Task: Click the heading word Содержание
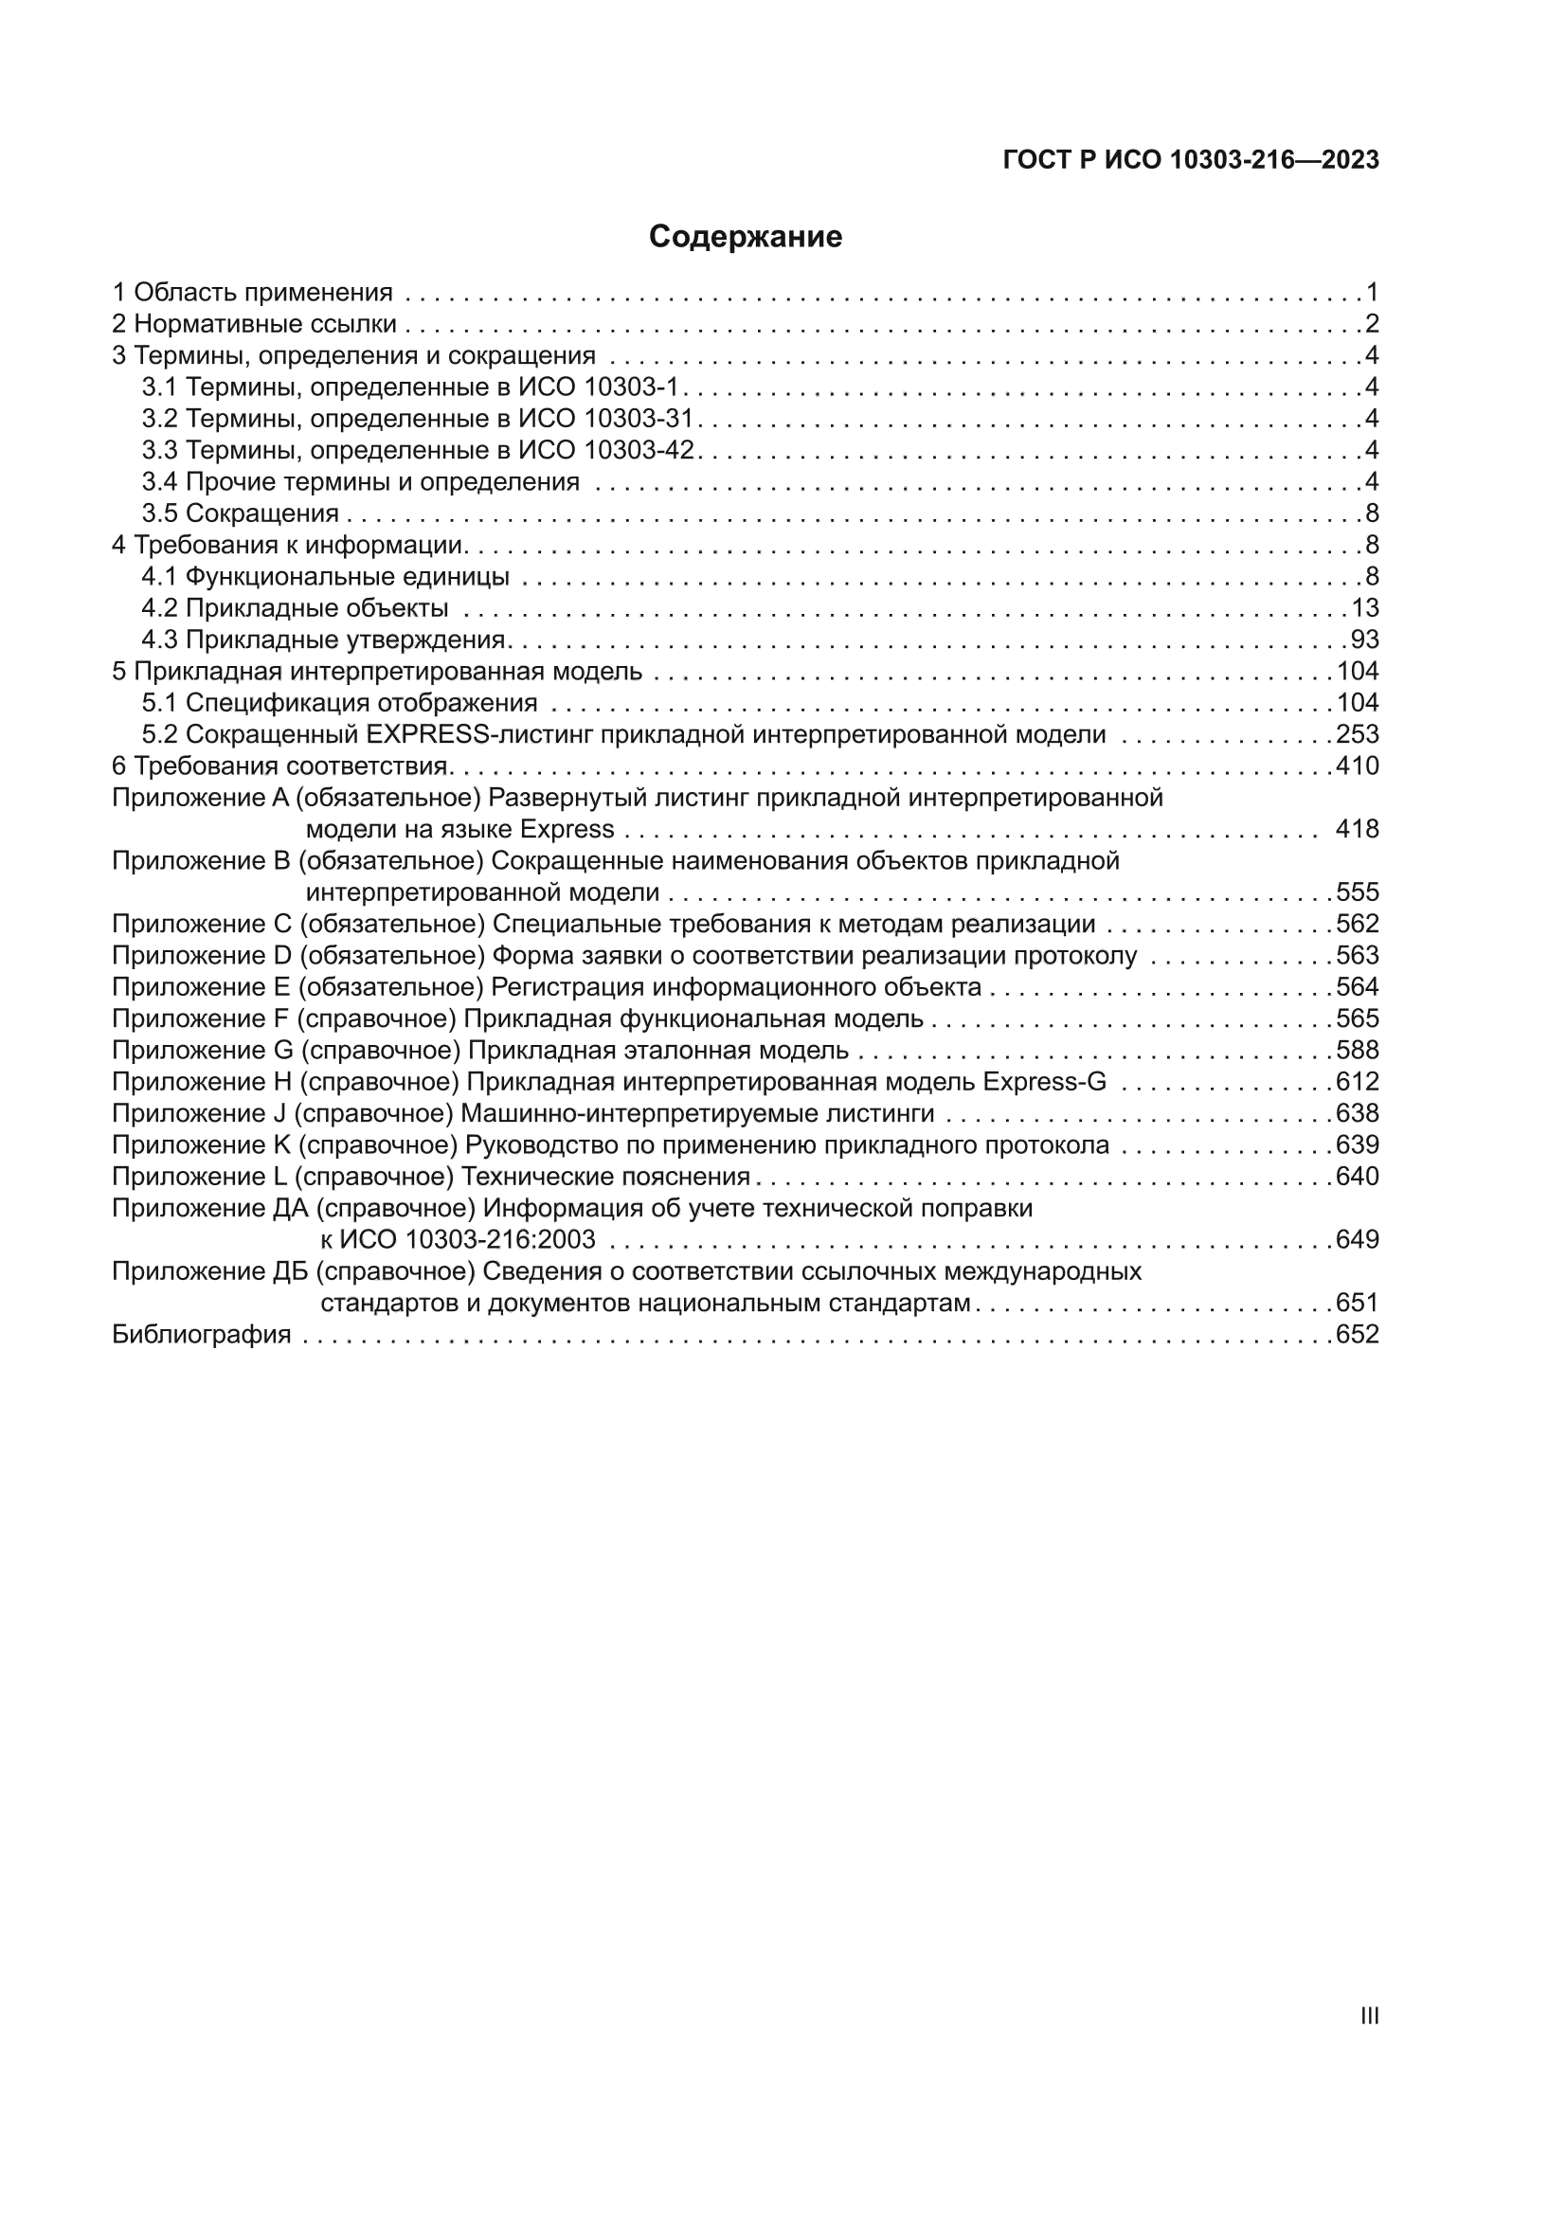click(x=745, y=236)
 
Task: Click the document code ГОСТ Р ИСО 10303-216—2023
click(x=1191, y=160)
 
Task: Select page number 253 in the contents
click(x=1357, y=734)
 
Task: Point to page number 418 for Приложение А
click(x=1357, y=829)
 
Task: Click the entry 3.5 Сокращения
click(x=241, y=513)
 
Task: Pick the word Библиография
click(x=201, y=1334)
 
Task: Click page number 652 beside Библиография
click(x=1357, y=1334)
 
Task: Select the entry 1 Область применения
click(x=252, y=293)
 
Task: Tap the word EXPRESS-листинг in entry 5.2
click(x=479, y=734)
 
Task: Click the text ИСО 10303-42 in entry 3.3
click(x=606, y=451)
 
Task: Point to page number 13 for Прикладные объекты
click(x=1365, y=608)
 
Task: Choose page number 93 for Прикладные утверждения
click(x=1364, y=639)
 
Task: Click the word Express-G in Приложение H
click(x=1044, y=1082)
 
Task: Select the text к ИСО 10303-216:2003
click(x=458, y=1240)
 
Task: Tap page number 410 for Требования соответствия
click(x=1357, y=766)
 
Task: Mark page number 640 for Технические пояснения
click(x=1357, y=1176)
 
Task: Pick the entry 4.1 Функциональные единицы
click(x=325, y=577)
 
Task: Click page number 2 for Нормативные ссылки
click(x=1372, y=324)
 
